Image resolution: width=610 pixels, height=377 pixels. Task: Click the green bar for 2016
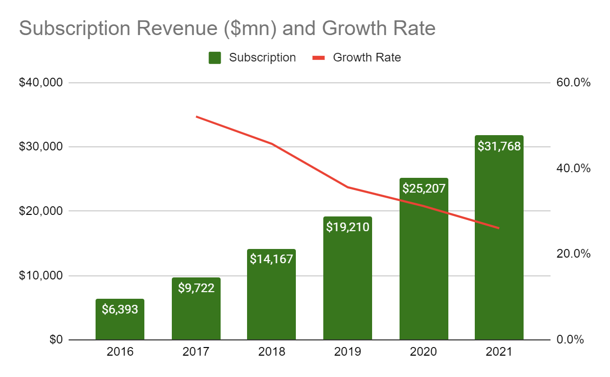120,325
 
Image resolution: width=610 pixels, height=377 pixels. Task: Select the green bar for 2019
348,285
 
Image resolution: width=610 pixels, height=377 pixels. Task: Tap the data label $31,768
499,147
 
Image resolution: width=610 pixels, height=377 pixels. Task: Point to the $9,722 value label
196,288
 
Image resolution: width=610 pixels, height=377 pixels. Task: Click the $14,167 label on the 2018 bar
271,259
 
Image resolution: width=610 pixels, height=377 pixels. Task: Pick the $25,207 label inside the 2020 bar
424,188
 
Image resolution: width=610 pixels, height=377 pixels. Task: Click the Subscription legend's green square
215,58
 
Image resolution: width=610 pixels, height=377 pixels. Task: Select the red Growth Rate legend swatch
318,58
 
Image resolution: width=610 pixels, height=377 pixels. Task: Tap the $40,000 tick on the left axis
41,82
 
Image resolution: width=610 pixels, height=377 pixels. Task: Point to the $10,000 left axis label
41,276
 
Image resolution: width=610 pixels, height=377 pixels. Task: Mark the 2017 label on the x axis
196,352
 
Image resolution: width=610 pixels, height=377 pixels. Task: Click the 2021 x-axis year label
499,352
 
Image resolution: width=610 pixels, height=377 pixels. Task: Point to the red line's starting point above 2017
197,117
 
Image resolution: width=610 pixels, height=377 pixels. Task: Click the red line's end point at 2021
499,228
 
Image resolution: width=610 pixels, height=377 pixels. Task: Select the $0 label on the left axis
55,340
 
